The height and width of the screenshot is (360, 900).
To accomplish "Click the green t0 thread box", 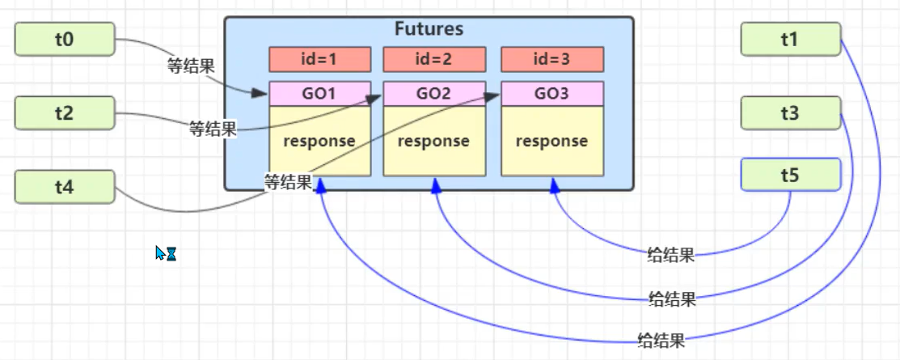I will tap(65, 38).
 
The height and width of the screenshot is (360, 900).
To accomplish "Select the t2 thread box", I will tap(65, 113).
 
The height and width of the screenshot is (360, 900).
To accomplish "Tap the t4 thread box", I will tap(65, 187).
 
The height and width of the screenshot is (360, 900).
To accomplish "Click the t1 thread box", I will tap(790, 38).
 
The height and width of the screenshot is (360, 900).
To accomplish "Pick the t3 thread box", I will tap(790, 113).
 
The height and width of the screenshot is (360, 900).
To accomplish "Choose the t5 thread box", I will tap(790, 174).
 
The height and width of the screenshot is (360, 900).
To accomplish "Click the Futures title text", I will tap(429, 29).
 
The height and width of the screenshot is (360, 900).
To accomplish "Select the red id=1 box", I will tap(319, 60).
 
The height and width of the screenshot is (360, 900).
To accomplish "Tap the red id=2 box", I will tap(434, 60).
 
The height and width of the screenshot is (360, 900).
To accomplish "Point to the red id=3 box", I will tap(552, 60).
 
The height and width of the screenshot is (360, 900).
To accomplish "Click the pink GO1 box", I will tap(319, 94).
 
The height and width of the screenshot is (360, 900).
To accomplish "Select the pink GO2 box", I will tap(434, 94).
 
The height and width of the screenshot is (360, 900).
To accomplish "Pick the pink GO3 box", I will tap(552, 94).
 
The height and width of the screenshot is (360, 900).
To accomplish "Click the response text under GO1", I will tap(319, 141).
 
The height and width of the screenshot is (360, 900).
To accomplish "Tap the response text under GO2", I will tap(434, 141).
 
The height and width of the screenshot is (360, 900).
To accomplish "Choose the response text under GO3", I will tap(552, 141).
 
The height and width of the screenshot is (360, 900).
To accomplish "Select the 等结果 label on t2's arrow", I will tap(213, 129).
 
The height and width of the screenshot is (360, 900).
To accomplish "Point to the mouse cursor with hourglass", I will tap(165, 254).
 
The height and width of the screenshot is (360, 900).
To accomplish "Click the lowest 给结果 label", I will tap(661, 339).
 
